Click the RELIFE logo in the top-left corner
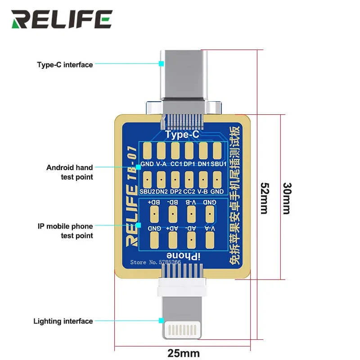click(x=62, y=19)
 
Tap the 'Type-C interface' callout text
click(x=65, y=65)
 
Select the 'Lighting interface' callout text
click(x=63, y=321)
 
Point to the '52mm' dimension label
click(x=265, y=198)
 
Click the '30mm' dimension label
click(x=287, y=198)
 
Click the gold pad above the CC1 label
click(x=175, y=151)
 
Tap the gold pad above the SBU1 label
click(x=217, y=151)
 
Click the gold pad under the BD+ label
click(x=154, y=213)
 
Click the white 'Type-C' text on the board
click(x=182, y=135)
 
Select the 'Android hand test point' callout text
click(x=70, y=172)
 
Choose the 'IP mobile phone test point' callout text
click(x=66, y=231)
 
